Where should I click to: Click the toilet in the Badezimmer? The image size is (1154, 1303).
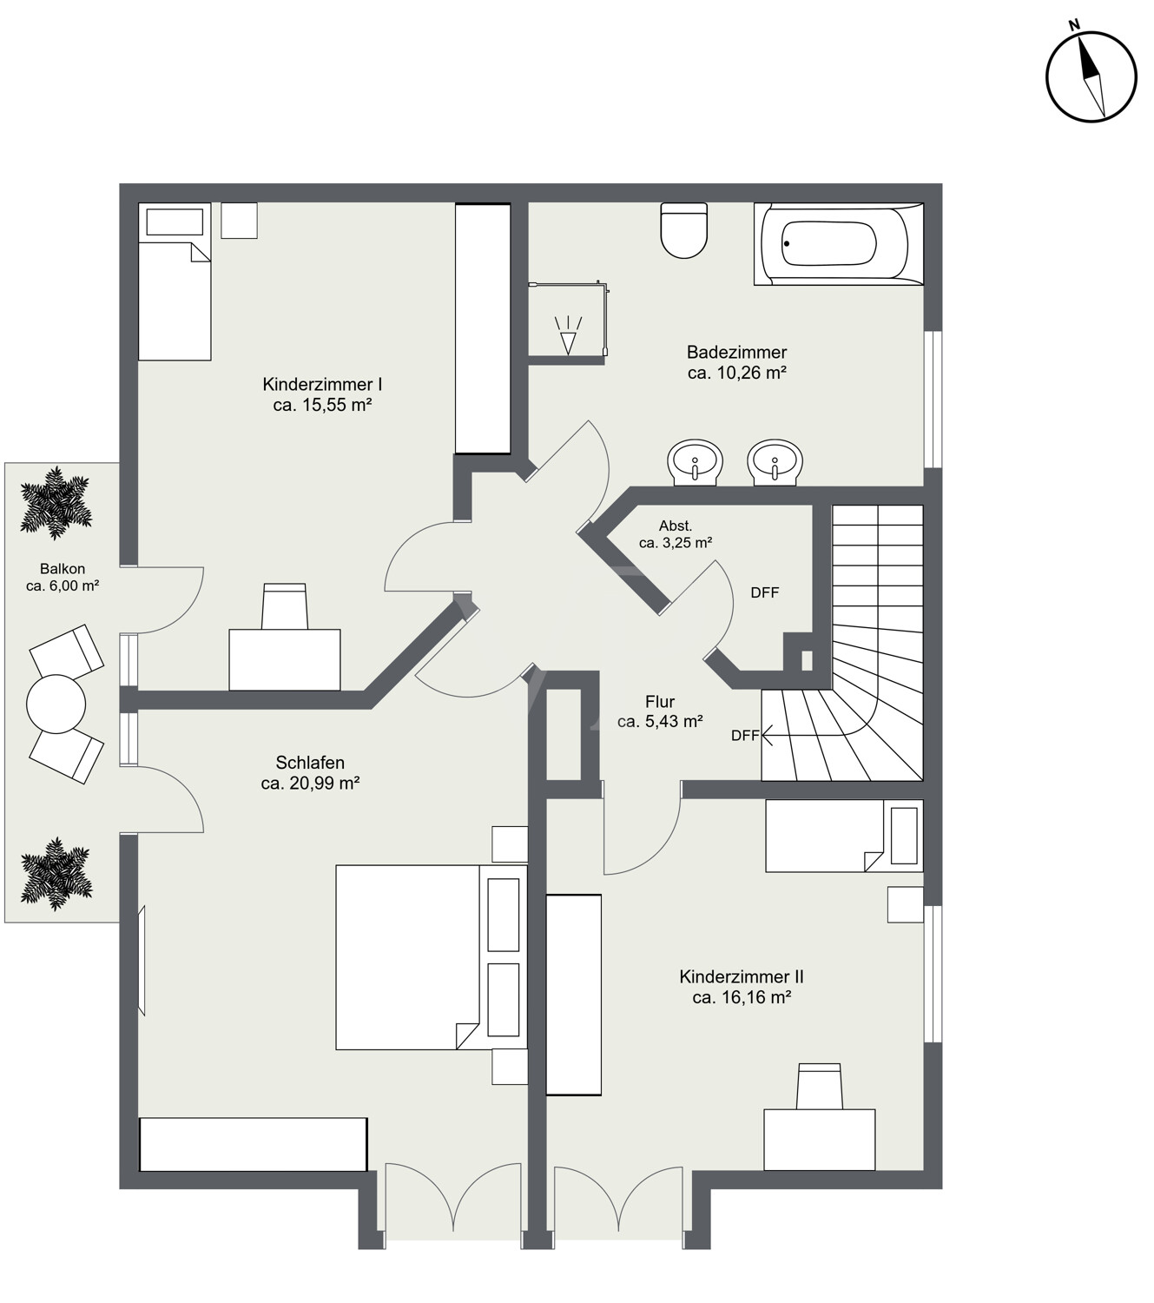coord(683,230)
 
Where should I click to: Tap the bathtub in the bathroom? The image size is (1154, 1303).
coord(838,244)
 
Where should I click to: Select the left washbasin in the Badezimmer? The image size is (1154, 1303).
coord(695,462)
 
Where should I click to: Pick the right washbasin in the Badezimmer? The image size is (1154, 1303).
coord(775,462)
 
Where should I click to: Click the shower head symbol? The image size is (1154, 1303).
coord(569,335)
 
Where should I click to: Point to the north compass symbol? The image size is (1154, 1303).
coord(1091,76)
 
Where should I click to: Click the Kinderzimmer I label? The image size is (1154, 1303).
coord(322,385)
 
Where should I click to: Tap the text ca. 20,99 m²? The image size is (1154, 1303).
coord(310,784)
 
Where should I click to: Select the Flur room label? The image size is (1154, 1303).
coord(660,702)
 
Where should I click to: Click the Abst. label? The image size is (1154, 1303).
coord(675,526)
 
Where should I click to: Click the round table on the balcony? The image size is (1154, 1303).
coord(56,704)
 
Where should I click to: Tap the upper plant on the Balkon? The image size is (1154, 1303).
coord(56,502)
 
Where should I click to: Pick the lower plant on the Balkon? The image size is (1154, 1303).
coord(56,873)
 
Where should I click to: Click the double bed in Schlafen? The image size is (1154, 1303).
coord(432,957)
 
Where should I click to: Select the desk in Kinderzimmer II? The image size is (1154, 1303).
coord(819,1140)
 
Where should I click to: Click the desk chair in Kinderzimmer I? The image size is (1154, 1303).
coord(285,605)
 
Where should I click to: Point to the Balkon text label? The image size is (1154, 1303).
coord(63,568)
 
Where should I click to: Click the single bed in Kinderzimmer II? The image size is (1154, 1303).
coord(844,836)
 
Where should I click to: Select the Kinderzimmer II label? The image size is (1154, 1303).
coord(742,977)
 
